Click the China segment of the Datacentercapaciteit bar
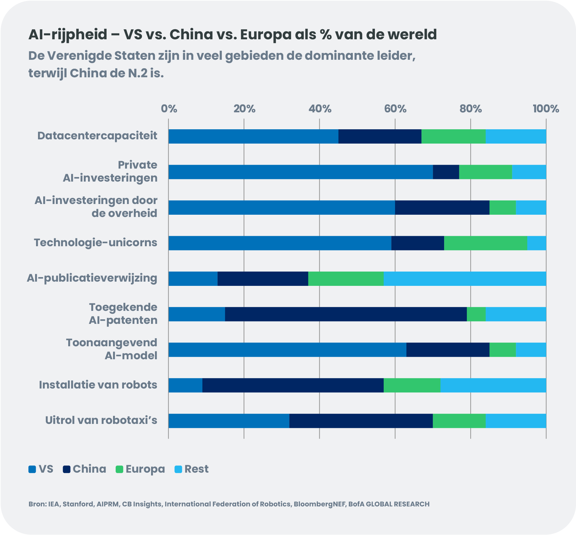coord(380,136)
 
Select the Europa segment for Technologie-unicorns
coord(485,243)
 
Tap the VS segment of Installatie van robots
coord(185,385)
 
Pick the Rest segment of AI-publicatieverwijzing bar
coord(465,279)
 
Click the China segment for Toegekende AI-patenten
coord(346,314)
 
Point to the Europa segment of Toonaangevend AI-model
coord(502,350)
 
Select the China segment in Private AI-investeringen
coord(446,172)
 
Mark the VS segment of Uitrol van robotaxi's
coord(229,421)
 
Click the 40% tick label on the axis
coord(320,109)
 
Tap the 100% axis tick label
coord(546,109)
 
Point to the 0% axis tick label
coord(169,109)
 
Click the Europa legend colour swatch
coord(119,469)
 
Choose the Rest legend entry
coord(192,469)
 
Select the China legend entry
coord(84,469)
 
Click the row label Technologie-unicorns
coord(96,243)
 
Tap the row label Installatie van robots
coord(98,385)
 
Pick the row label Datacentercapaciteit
coord(97,136)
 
